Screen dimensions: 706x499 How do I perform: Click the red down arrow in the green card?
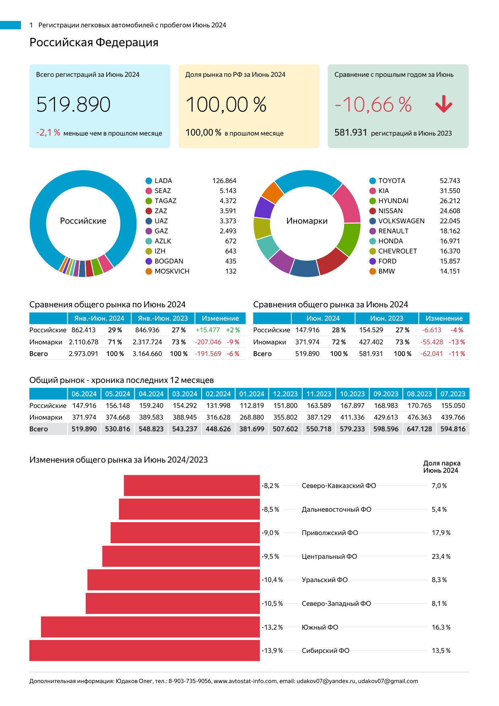[x=444, y=104]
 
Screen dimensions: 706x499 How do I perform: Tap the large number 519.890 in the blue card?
[x=73, y=105]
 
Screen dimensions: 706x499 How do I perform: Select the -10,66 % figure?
[x=373, y=105]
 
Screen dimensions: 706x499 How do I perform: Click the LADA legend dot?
[x=149, y=181]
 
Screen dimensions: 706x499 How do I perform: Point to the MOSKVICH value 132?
[x=231, y=272]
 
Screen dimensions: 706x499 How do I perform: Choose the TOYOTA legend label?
[x=392, y=181]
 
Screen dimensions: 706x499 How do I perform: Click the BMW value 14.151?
[x=450, y=272]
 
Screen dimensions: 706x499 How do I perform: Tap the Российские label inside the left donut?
[x=83, y=221]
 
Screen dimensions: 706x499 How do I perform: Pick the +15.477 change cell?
[x=208, y=330]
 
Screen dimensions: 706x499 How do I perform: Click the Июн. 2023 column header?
[x=387, y=319]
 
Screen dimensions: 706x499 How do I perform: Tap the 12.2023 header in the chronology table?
[x=285, y=394]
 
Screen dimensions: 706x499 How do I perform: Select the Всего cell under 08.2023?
[x=419, y=429]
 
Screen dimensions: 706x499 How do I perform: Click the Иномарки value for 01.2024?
[x=252, y=418]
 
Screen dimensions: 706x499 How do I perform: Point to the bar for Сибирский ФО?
[x=144, y=650]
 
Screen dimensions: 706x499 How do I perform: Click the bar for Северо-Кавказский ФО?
[x=192, y=486]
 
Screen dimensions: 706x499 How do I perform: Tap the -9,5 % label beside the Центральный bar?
[x=270, y=557]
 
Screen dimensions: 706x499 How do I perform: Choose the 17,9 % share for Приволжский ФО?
[x=441, y=533]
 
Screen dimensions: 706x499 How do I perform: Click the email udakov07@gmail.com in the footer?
[x=388, y=681]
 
